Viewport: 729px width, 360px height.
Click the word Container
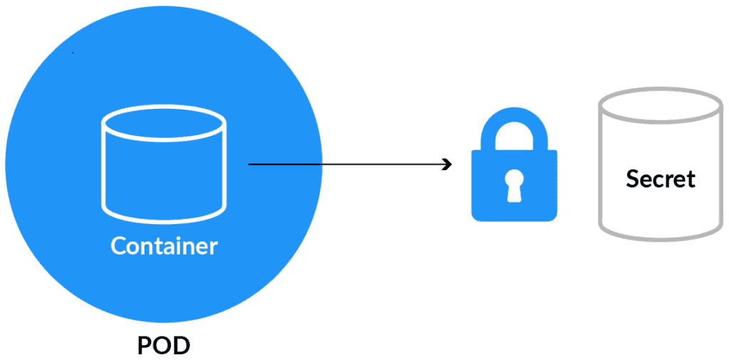[164, 246]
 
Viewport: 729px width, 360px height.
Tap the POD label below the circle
[164, 346]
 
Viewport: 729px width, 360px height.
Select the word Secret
[660, 179]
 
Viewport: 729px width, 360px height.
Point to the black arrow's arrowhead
[449, 165]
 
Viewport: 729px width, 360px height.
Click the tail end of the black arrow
[250, 165]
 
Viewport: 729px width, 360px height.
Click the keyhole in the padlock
[514, 186]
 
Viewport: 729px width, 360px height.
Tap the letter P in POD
[144, 346]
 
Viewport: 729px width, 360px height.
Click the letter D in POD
[182, 346]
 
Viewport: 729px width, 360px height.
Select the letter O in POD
[163, 346]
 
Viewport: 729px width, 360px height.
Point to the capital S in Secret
[633, 179]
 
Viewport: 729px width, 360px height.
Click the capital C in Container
[119, 246]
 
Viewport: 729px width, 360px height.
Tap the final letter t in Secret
[690, 179]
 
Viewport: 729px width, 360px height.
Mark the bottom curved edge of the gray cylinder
[660, 233]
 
